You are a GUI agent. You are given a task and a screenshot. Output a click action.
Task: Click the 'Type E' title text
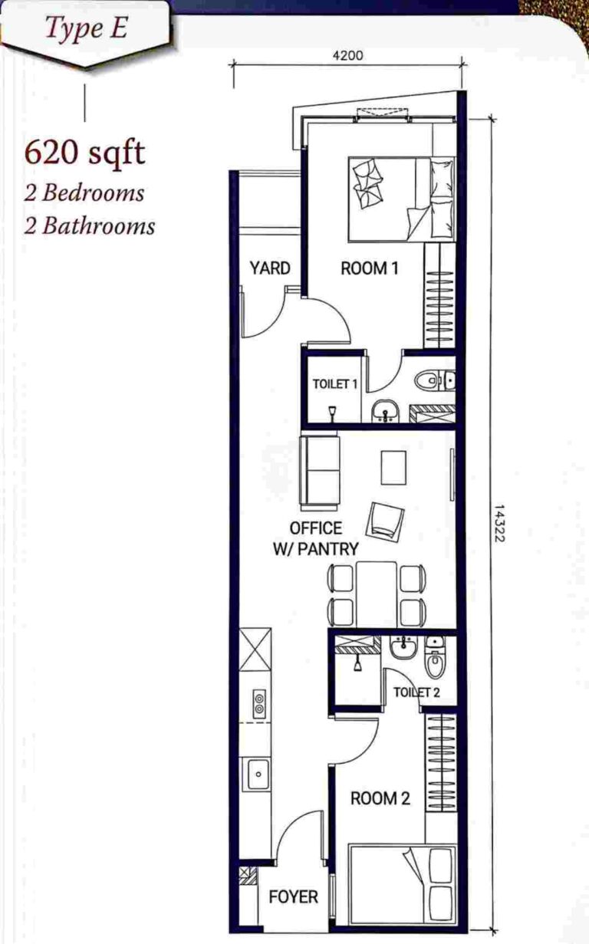(85, 30)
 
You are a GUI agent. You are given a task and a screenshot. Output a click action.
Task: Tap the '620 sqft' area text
(84, 153)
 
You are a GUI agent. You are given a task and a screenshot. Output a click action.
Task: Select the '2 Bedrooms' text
(84, 192)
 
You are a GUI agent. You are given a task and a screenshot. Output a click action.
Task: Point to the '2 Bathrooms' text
(89, 225)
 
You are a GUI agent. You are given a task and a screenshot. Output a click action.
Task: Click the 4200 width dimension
(347, 55)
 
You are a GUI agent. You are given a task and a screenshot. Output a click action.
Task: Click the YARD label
(270, 268)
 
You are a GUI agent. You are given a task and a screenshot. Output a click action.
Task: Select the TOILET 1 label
(335, 383)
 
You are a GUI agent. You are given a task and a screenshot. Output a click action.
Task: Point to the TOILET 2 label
(416, 692)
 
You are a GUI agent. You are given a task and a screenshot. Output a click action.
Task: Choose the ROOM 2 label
(380, 798)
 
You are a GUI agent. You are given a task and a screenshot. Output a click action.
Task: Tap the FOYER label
(293, 896)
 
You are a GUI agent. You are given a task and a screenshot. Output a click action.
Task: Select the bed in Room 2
(402, 884)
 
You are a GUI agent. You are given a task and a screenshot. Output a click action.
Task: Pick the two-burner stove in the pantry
(258, 703)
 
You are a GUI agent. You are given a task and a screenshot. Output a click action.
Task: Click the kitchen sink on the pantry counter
(257, 774)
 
